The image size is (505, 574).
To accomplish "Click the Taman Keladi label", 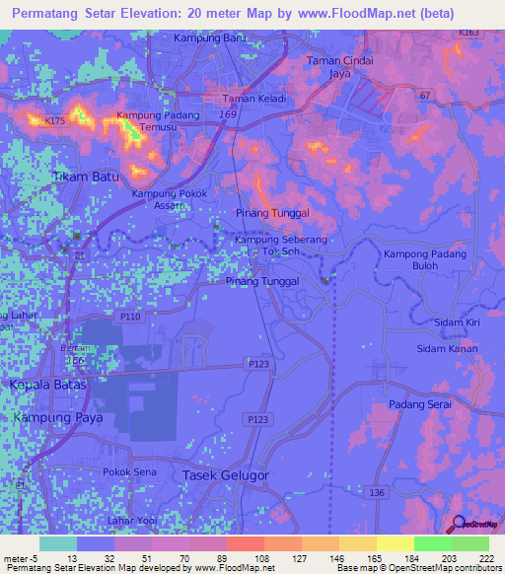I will [x=250, y=99].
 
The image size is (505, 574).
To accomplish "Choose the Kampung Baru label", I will [x=209, y=37].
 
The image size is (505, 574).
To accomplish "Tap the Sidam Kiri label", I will [x=457, y=323].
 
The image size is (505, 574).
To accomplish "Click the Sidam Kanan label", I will [x=447, y=349].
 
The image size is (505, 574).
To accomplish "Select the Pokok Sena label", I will [x=128, y=472].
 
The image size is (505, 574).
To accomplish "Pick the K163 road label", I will [x=469, y=33].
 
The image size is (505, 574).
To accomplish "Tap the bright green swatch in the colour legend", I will [x=432, y=543].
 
